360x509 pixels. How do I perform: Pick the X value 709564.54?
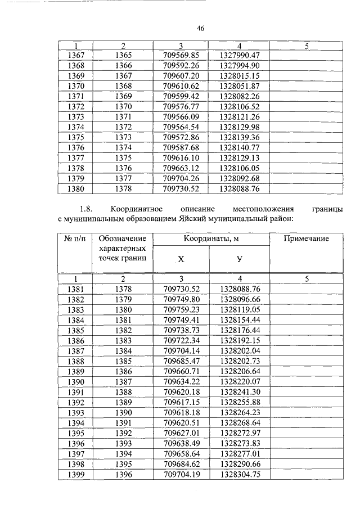coord(181,127)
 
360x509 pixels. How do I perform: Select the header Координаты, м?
coord(211,239)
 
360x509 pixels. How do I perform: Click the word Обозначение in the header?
coord(122,239)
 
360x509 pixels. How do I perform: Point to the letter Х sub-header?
coord(181,259)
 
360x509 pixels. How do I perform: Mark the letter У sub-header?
coord(240,259)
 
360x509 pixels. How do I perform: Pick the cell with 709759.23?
coord(181,310)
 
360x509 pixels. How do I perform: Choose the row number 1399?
coord(75,474)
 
